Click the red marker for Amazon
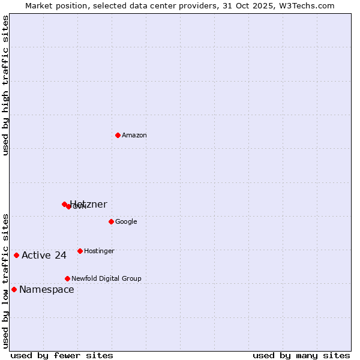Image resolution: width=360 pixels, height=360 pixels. [x=118, y=135]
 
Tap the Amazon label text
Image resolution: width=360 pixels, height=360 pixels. [x=134, y=136]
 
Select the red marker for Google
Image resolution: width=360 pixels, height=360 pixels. [x=111, y=221]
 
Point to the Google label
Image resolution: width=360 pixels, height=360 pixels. [x=126, y=222]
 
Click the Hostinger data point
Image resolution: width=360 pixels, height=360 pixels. [x=80, y=251]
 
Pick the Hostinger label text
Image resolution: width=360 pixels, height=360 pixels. [x=99, y=251]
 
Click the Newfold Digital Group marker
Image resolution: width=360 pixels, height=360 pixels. [x=67, y=278]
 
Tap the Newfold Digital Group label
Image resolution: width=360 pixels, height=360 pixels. [x=106, y=279]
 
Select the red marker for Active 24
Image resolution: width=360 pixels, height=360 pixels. [x=16, y=255]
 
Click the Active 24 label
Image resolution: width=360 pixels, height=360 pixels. [x=44, y=256]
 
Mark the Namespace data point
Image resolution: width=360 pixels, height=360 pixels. [x=14, y=289]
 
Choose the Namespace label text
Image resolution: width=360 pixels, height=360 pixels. [x=47, y=290]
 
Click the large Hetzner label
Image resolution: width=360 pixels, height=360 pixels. [x=89, y=205]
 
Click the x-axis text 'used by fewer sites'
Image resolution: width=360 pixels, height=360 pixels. [x=62, y=355]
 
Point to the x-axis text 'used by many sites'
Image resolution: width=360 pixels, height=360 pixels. [x=301, y=355]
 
